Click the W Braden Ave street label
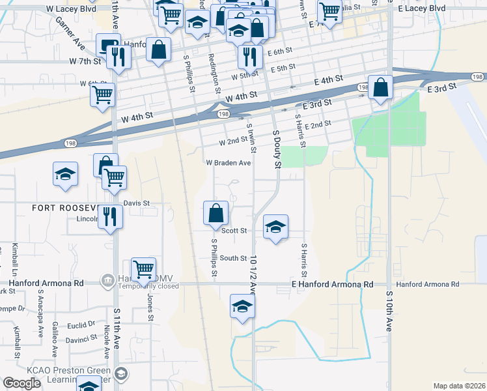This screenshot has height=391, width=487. pyautogui.click(x=229, y=163)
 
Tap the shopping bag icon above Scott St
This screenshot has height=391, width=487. pyautogui.click(x=216, y=212)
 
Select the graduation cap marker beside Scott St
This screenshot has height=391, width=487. pyautogui.click(x=275, y=227)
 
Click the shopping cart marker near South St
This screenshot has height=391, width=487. pyautogui.click(x=143, y=268)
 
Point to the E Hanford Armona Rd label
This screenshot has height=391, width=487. pyautogui.click(x=332, y=285)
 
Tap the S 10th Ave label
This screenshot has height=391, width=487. pyautogui.click(x=389, y=311)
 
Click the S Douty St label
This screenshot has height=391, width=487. pyautogui.click(x=277, y=149)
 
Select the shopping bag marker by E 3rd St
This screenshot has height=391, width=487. pyautogui.click(x=380, y=87)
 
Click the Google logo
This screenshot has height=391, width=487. pyautogui.click(x=21, y=383)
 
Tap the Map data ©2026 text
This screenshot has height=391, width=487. pyautogui.click(x=459, y=386)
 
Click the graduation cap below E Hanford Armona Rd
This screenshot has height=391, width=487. pyautogui.click(x=242, y=306)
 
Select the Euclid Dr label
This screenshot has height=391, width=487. pyautogui.click(x=83, y=323)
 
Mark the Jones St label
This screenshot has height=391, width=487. pyautogui.click(x=150, y=306)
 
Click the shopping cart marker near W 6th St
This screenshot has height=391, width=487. pyautogui.click(x=103, y=94)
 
